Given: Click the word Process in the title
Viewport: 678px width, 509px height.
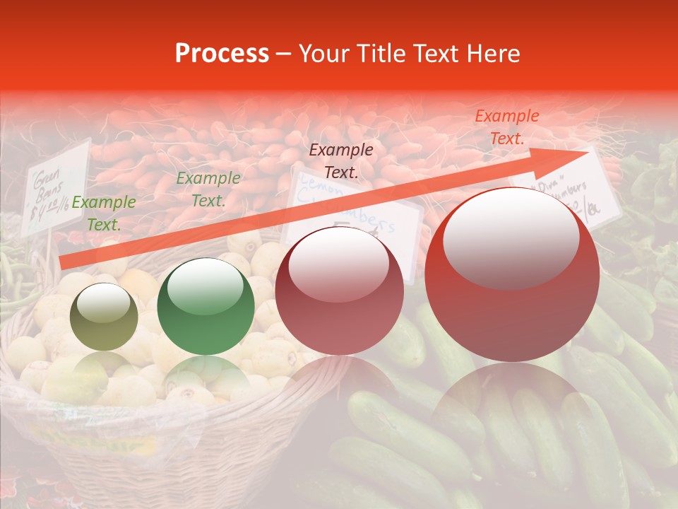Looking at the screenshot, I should click(222, 54).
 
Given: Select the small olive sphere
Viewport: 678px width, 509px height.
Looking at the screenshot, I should click(105, 317).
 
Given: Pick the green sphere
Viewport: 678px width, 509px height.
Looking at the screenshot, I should click(206, 306).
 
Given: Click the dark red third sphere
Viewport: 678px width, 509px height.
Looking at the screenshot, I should click(339, 291).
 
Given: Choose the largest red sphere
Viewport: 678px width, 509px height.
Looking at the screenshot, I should click(512, 274).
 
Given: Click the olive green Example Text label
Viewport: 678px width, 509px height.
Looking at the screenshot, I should click(104, 213).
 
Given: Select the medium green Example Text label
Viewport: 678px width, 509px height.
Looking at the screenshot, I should click(208, 189).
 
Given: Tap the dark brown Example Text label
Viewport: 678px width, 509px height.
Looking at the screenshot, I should click(341, 160).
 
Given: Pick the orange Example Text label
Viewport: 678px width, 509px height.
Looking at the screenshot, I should click(506, 127).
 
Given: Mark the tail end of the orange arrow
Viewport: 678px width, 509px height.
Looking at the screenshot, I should click(62, 262).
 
